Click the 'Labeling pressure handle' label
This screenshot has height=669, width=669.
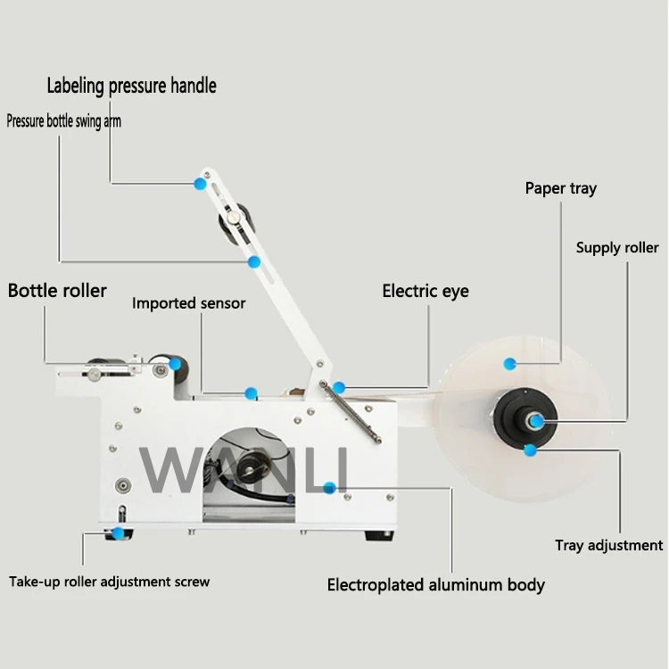[131, 86]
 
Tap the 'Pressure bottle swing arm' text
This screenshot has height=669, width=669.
[64, 121]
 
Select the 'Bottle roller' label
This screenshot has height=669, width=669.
[57, 290]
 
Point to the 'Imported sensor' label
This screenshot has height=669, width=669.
[189, 303]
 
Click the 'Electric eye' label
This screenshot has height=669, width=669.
[425, 291]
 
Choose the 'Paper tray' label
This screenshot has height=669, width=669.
[560, 188]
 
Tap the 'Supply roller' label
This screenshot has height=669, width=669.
[617, 247]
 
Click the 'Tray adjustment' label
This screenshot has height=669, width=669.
[609, 545]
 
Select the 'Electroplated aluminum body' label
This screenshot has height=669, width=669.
[436, 585]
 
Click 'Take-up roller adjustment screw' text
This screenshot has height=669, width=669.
[110, 582]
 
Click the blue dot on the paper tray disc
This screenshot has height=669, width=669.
[510, 363]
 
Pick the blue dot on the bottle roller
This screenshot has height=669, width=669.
[176, 364]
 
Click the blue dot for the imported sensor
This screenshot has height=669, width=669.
[252, 392]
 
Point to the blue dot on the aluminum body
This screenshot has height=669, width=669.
[330, 487]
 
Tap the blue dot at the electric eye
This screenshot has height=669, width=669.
[339, 388]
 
